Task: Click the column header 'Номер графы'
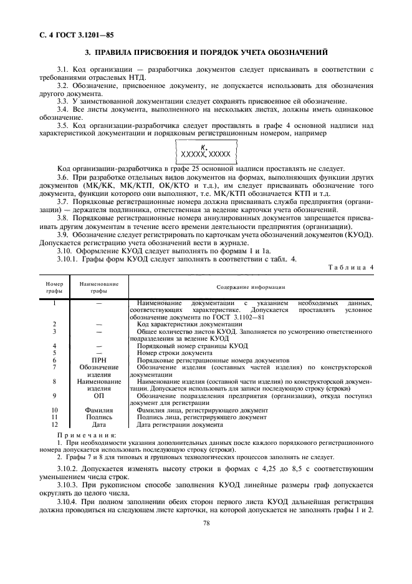[54, 287]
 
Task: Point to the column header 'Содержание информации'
[251, 287]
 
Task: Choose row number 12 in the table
[55, 424]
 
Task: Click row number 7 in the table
[55, 367]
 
